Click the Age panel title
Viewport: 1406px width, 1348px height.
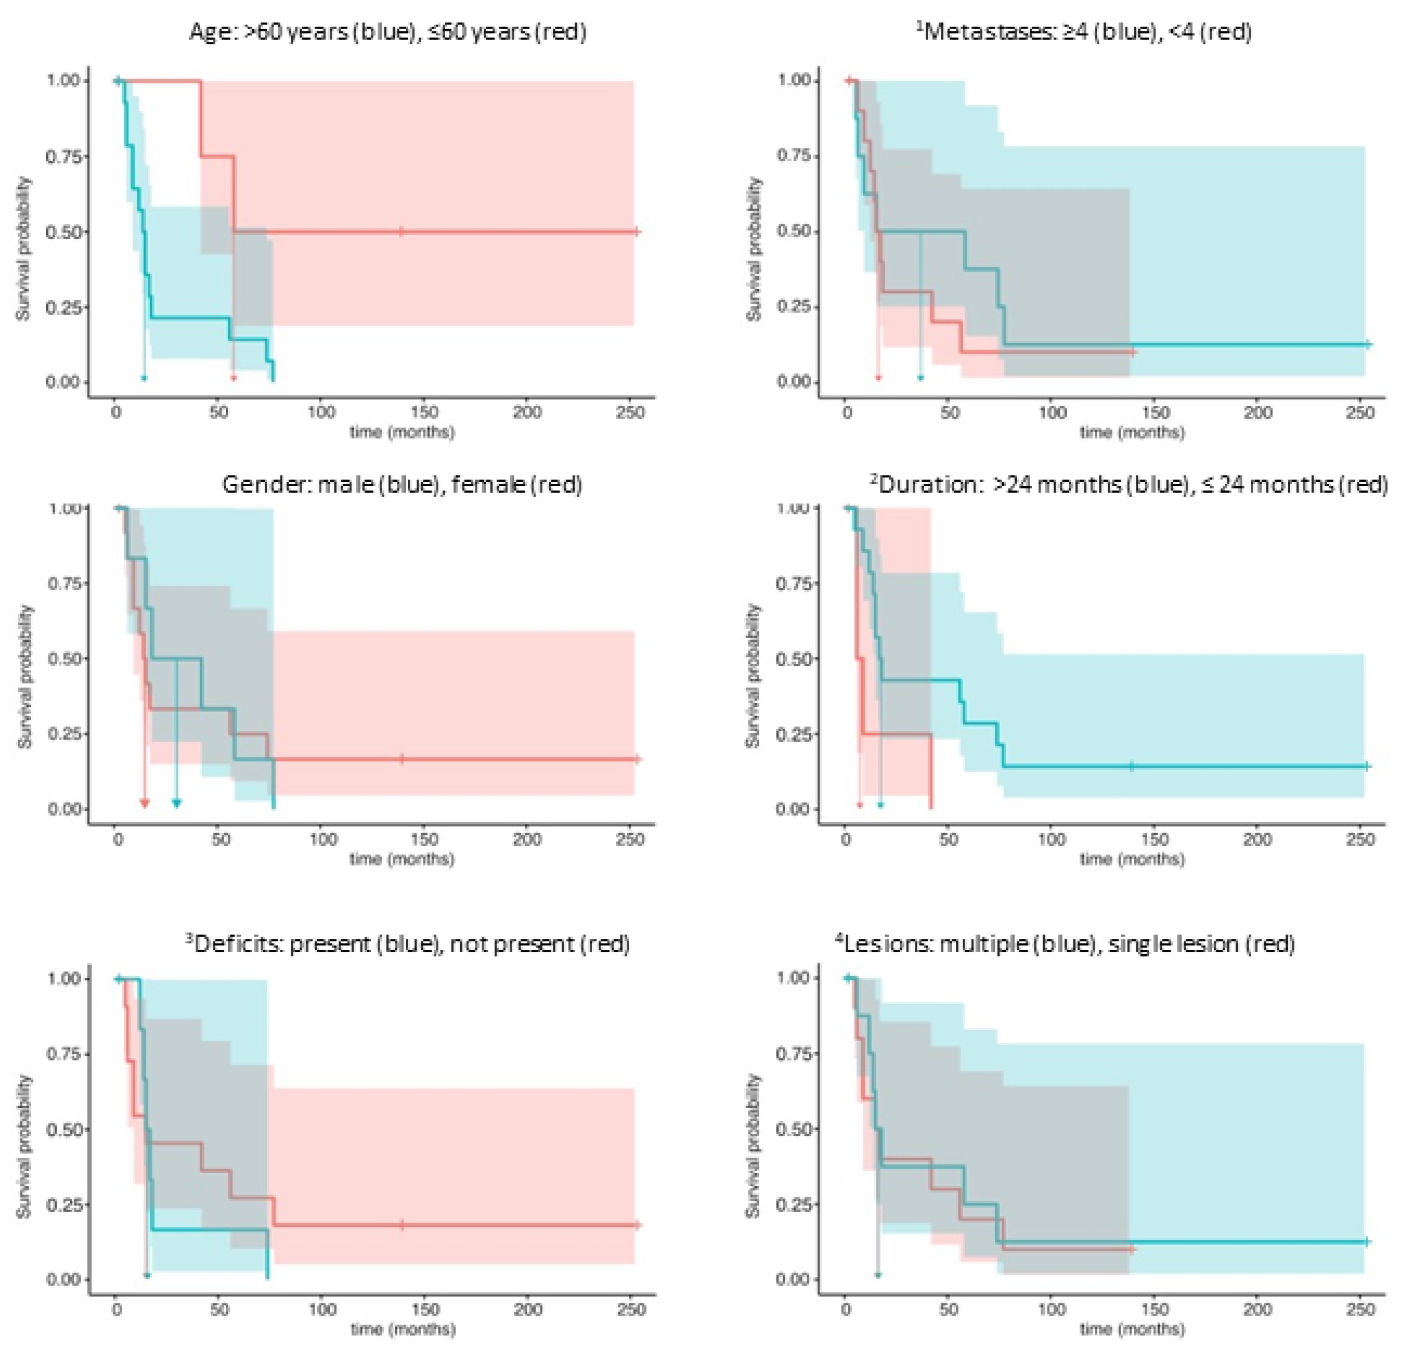(x=387, y=32)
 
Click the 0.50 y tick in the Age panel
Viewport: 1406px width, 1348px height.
(x=63, y=232)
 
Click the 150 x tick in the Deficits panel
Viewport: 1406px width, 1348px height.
(x=426, y=1310)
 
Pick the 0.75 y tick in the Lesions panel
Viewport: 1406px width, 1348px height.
(x=793, y=1054)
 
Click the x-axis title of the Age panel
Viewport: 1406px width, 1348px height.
(x=402, y=432)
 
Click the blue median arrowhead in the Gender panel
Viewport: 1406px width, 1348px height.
(x=177, y=803)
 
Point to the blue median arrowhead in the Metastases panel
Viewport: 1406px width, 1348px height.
(x=920, y=377)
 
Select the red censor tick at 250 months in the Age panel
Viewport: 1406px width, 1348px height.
(x=636, y=232)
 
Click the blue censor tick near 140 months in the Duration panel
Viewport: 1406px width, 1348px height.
(x=1132, y=766)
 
